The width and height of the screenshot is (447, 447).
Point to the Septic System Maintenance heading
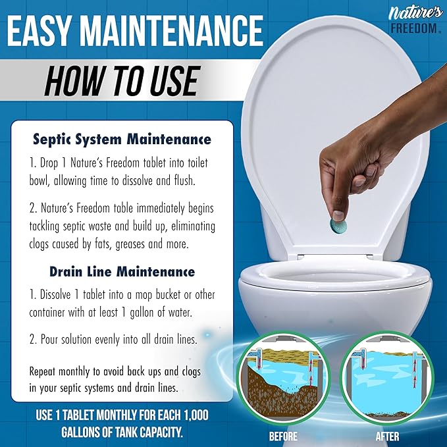(x=122, y=140)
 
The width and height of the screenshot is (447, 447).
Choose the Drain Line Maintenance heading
(x=122, y=271)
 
